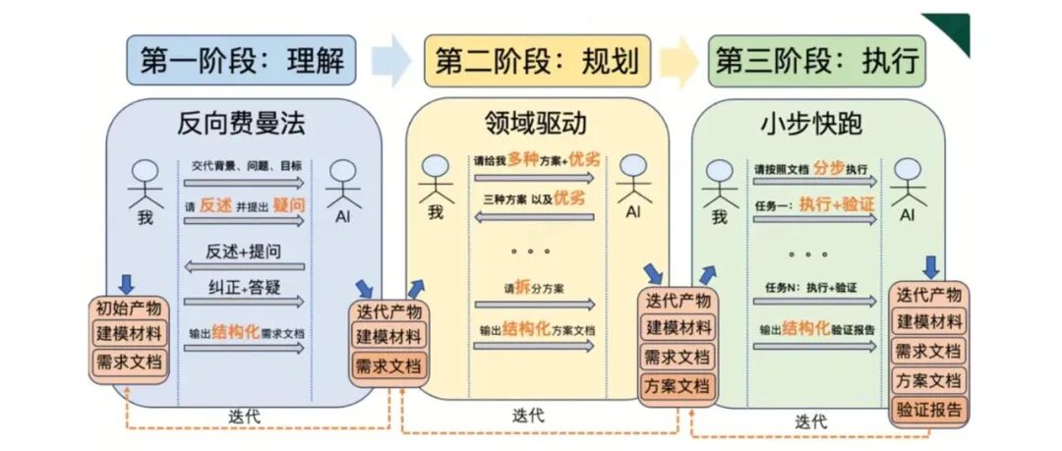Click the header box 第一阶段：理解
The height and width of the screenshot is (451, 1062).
pos(243,61)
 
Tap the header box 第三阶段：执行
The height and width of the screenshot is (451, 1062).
pos(817,61)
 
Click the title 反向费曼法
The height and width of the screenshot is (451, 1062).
pos(241,124)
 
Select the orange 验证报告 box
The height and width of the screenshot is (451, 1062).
pos(929,409)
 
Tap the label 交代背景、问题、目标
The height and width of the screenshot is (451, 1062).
pos(246,167)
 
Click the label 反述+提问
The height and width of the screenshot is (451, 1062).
pos(244,252)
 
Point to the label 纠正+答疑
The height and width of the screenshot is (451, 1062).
pos(244,288)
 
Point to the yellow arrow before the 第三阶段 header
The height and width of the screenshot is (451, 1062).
pos(679,61)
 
